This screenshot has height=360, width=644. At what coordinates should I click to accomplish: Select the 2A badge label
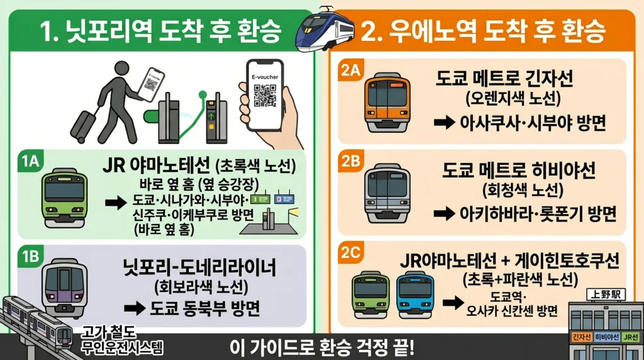[x=350, y=71]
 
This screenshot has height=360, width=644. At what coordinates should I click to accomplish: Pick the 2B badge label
[x=350, y=161]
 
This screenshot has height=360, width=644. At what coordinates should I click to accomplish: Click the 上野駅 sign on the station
[x=602, y=294]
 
